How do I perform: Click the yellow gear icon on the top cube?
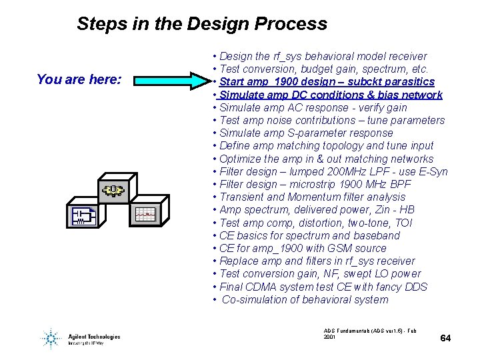coord(113,191)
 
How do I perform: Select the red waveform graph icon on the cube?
coord(145,213)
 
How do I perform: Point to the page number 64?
coord(445,339)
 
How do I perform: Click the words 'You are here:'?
coord(79,80)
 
